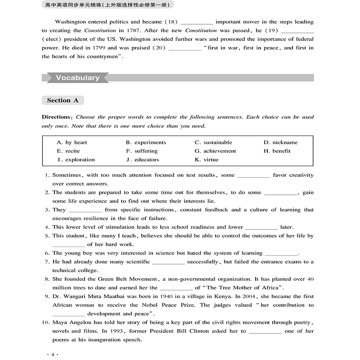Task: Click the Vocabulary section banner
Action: click(77, 78)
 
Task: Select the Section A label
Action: click(63, 100)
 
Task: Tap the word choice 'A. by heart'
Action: click(72, 142)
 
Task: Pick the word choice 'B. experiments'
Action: click(146, 142)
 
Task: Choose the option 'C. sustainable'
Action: click(213, 142)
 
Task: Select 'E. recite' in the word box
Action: click(68, 151)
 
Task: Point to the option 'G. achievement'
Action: click(215, 151)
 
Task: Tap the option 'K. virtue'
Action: click(207, 159)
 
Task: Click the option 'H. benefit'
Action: click(277, 151)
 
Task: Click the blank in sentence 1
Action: click(253, 176)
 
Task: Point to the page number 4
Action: click(53, 355)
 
